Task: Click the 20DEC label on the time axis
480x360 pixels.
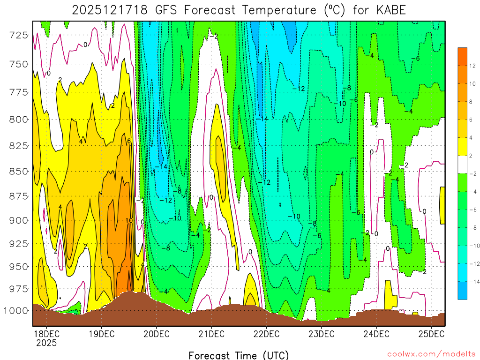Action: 156,334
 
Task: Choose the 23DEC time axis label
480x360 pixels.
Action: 321,334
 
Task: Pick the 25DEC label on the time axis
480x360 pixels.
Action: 431,334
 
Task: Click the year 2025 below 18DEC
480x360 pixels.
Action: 46,343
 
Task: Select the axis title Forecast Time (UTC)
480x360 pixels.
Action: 239,355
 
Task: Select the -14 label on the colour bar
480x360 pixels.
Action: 472,282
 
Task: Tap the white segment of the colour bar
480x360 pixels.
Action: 462,165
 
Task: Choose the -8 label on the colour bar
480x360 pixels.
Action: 472,227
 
